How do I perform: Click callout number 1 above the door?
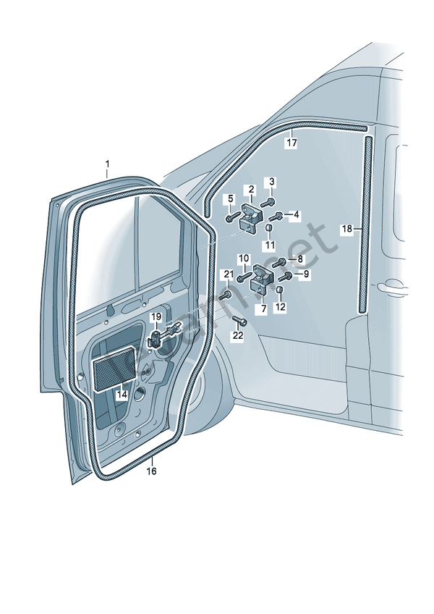tap(107, 164)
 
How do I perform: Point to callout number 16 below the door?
tap(151, 471)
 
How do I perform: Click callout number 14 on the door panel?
tap(122, 395)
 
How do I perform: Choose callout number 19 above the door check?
tap(156, 317)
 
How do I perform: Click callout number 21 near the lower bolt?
tap(229, 274)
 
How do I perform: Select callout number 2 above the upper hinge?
tap(251, 190)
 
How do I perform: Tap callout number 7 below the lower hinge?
tap(263, 308)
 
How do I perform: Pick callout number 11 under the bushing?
tap(269, 245)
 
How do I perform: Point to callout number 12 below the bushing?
tap(281, 307)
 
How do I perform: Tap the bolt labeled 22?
tap(240, 321)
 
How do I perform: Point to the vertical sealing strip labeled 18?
tap(364, 224)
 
